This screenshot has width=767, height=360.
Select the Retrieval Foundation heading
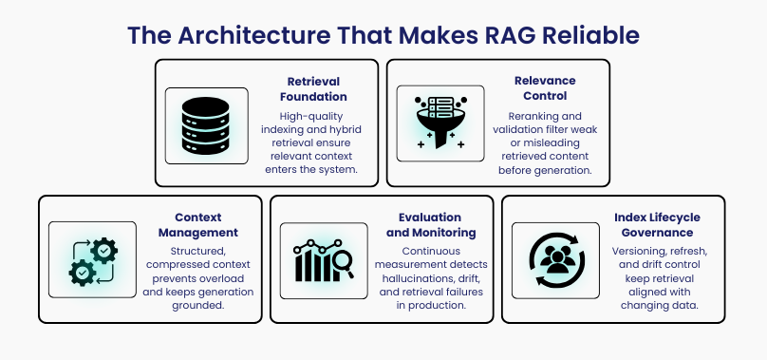click(x=313, y=88)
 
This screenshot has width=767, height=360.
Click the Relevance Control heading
click(x=545, y=88)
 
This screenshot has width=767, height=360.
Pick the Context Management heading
click(x=198, y=225)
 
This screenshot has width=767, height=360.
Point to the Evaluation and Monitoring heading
click(x=431, y=225)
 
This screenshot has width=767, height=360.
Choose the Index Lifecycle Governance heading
click(x=657, y=225)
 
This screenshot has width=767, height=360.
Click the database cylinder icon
click(x=205, y=125)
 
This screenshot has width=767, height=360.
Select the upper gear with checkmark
click(x=103, y=251)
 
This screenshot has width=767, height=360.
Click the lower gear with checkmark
click(x=83, y=273)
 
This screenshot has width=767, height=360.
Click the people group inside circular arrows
click(x=557, y=259)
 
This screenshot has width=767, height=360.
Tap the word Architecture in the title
click(x=253, y=35)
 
